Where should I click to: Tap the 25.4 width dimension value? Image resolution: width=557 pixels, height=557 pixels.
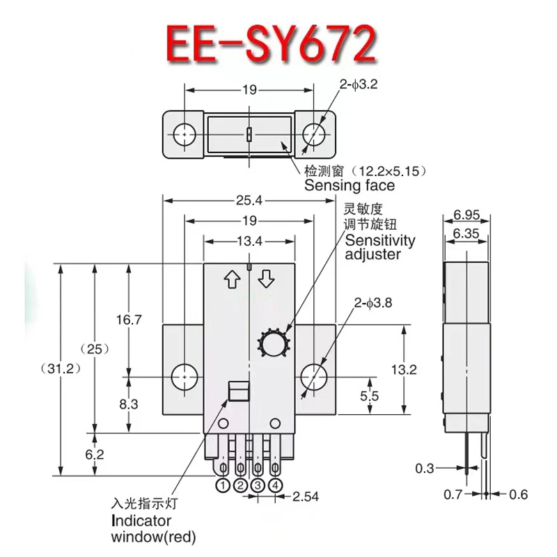[x=249, y=201]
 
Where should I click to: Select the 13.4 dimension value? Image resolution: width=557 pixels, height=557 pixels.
[x=249, y=241]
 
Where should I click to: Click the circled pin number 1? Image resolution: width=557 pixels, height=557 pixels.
[x=223, y=485]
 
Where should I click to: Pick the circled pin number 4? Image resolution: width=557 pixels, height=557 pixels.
[x=275, y=485]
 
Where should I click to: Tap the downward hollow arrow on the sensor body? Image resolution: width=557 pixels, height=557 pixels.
[x=267, y=280]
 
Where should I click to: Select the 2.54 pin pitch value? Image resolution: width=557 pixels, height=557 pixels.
[x=307, y=497]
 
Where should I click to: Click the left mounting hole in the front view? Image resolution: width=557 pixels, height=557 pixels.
[x=184, y=376]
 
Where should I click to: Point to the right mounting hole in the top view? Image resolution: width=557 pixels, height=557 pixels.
[x=314, y=132]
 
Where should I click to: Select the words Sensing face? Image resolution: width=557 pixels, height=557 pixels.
[x=349, y=185]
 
